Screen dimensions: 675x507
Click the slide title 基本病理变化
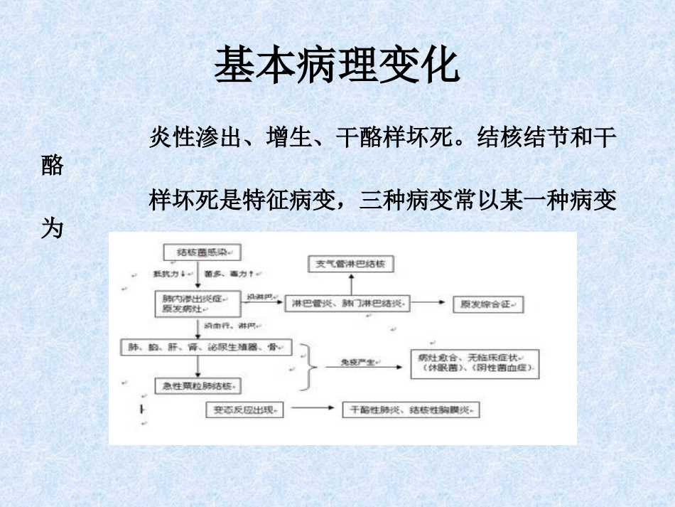(x=337, y=65)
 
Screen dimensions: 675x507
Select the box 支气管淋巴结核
(x=350, y=265)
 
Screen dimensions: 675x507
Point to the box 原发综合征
(x=488, y=304)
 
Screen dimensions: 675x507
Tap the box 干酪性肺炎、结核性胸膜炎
(x=411, y=410)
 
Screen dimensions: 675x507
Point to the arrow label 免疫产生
(x=356, y=362)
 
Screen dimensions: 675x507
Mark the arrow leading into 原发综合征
(x=431, y=304)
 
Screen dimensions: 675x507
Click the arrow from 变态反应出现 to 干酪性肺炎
(x=312, y=409)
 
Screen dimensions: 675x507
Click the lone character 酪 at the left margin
(x=53, y=166)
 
